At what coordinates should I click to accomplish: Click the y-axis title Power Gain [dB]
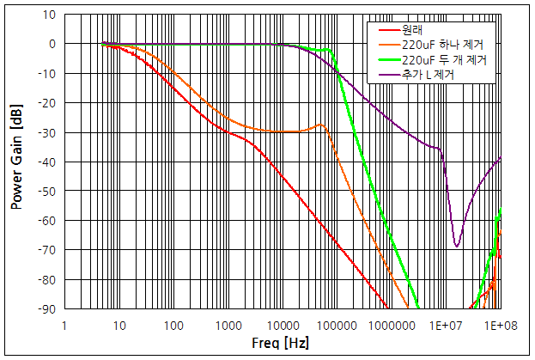(16, 162)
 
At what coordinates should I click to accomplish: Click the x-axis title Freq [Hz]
(281, 344)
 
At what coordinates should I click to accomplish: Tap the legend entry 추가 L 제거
(428, 75)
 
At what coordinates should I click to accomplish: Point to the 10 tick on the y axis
(49, 15)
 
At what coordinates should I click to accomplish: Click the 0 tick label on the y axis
(52, 44)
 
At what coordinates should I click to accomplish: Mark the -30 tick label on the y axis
(47, 132)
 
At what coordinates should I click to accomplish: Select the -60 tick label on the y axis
(47, 221)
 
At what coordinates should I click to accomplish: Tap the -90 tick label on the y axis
(47, 309)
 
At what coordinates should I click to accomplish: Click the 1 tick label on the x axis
(64, 326)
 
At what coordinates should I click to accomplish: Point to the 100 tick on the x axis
(173, 326)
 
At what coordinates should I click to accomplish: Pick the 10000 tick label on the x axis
(283, 326)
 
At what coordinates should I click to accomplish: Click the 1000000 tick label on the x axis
(392, 326)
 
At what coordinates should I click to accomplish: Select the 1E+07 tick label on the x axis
(446, 326)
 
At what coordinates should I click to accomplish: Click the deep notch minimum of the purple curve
(457, 247)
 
